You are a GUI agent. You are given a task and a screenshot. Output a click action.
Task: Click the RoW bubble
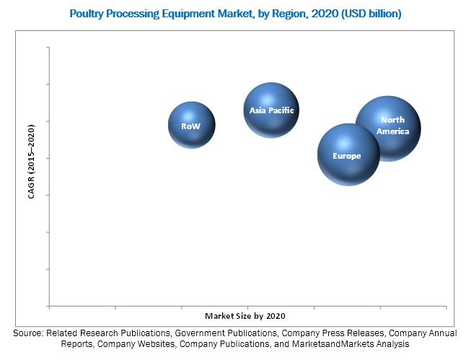[x=191, y=125]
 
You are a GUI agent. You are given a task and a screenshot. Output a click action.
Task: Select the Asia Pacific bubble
[x=271, y=110]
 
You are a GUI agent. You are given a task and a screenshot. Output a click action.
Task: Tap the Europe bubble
[x=349, y=154]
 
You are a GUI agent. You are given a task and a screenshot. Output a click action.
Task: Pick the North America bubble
[x=388, y=128]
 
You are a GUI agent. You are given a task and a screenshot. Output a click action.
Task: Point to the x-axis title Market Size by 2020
[x=250, y=316]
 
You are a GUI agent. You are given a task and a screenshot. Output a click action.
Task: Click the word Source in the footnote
[x=28, y=333]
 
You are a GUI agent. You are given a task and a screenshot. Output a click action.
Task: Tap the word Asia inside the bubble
[x=257, y=110]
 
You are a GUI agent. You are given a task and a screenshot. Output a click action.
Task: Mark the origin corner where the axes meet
[x=49, y=305]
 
